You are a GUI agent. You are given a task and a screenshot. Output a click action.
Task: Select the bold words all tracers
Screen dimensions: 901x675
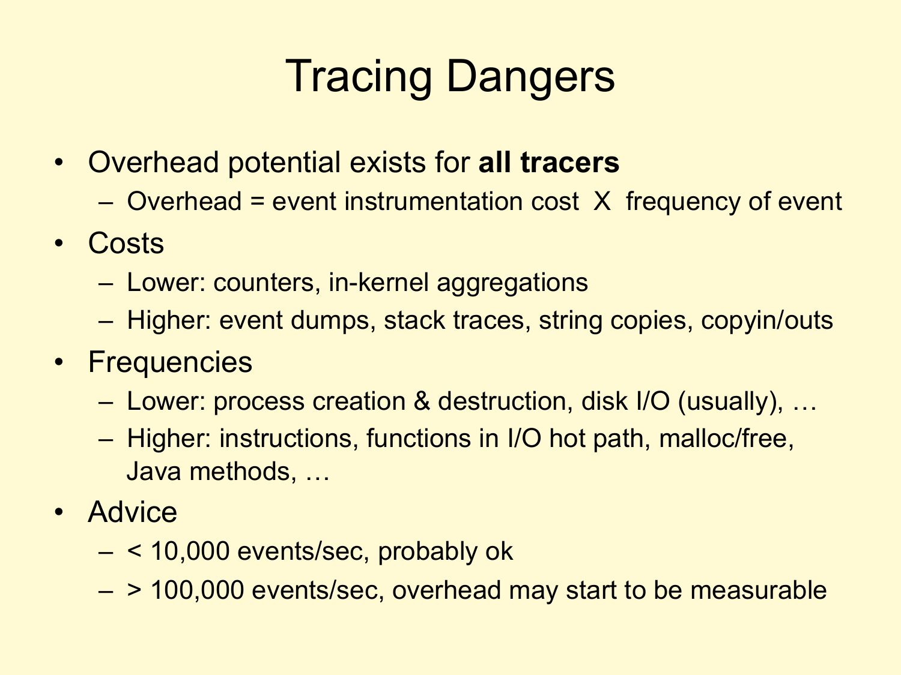tap(549, 163)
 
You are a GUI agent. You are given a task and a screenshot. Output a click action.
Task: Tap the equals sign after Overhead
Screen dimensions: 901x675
tap(256, 202)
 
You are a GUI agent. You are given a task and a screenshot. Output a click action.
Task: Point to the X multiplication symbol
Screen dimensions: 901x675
tap(602, 202)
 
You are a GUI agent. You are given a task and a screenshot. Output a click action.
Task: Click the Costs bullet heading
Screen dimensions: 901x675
tap(126, 243)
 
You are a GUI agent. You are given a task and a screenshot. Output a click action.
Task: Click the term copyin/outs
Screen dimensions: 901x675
tap(767, 320)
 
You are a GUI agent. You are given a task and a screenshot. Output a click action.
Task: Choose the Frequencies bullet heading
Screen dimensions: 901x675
tap(170, 363)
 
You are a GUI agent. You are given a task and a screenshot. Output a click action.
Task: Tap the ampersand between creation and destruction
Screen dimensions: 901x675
tap(422, 401)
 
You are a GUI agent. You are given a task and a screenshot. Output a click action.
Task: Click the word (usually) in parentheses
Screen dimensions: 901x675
tap(730, 401)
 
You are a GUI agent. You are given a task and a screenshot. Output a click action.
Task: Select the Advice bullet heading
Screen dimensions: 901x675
tap(133, 512)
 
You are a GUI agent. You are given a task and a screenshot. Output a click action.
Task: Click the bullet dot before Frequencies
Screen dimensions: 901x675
tap(59, 362)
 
